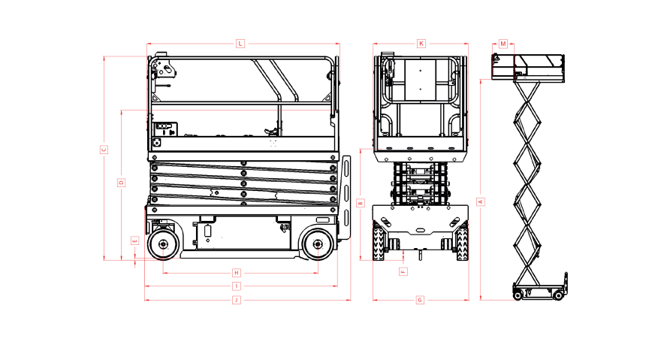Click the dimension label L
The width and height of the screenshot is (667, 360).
pyautogui.click(x=240, y=44)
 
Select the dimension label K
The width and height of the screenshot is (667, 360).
pyautogui.click(x=421, y=44)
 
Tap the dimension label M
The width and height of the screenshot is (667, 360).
pyautogui.click(x=503, y=44)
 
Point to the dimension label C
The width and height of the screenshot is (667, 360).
pyautogui.click(x=104, y=150)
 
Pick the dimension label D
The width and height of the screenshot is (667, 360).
pyautogui.click(x=121, y=183)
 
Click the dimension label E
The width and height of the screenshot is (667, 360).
pyautogui.click(x=134, y=241)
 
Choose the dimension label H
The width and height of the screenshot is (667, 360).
pyautogui.click(x=236, y=272)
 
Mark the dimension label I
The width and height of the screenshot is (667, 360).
pyautogui.click(x=236, y=286)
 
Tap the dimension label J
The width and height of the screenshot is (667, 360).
pyautogui.click(x=236, y=300)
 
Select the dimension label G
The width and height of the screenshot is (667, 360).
pyautogui.click(x=420, y=300)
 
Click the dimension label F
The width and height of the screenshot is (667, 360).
pyautogui.click(x=403, y=271)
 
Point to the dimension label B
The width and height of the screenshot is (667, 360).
pyautogui.click(x=361, y=203)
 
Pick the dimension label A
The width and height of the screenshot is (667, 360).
pyautogui.click(x=481, y=201)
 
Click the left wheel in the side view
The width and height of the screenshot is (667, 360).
pyautogui.click(x=163, y=245)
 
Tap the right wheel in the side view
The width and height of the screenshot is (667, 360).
pyautogui.click(x=318, y=245)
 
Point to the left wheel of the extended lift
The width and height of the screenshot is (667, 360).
pyautogui.click(x=518, y=295)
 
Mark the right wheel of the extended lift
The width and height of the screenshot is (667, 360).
pyautogui.click(x=558, y=295)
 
